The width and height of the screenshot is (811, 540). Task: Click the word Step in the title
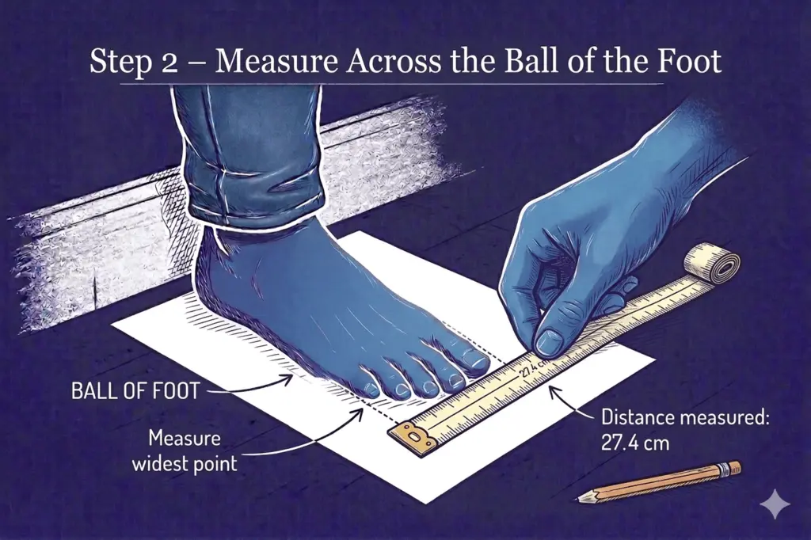117,62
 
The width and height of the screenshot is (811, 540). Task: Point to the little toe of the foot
371,387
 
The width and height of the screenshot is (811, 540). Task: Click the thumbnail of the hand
550,342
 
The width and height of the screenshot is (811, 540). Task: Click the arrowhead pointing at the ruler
552,389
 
